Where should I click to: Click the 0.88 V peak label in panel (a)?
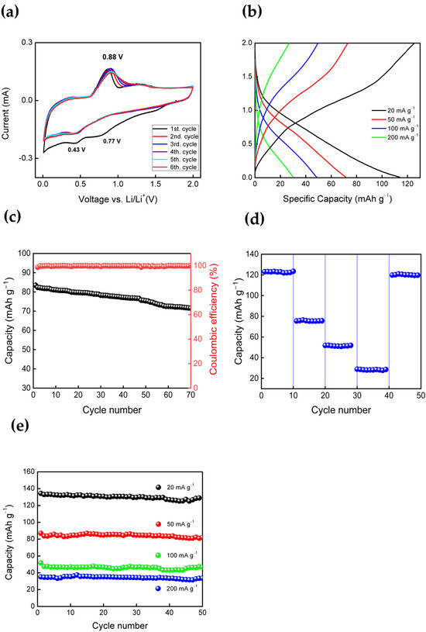coord(112,57)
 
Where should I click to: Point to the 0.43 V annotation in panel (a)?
coord(77,150)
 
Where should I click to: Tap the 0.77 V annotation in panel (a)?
coord(112,141)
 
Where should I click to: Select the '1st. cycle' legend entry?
coord(175,129)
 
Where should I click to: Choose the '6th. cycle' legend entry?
coord(175,167)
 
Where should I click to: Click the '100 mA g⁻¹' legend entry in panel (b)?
coord(394,129)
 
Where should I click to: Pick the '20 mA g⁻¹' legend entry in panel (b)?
coord(394,110)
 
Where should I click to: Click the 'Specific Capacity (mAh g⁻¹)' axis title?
coord(338,199)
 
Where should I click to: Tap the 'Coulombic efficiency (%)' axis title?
coord(214,319)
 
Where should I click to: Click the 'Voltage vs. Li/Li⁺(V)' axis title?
coord(118,199)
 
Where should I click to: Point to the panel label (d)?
coord(255,219)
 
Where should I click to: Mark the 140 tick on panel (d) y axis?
coord(252,254)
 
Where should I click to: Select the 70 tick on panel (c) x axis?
coord(191,395)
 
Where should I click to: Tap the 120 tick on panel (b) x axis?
coord(407,185)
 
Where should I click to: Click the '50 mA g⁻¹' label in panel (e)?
coord(180,524)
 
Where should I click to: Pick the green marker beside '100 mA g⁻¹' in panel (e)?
coord(158,555)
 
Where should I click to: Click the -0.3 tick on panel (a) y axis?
coord(26,158)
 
